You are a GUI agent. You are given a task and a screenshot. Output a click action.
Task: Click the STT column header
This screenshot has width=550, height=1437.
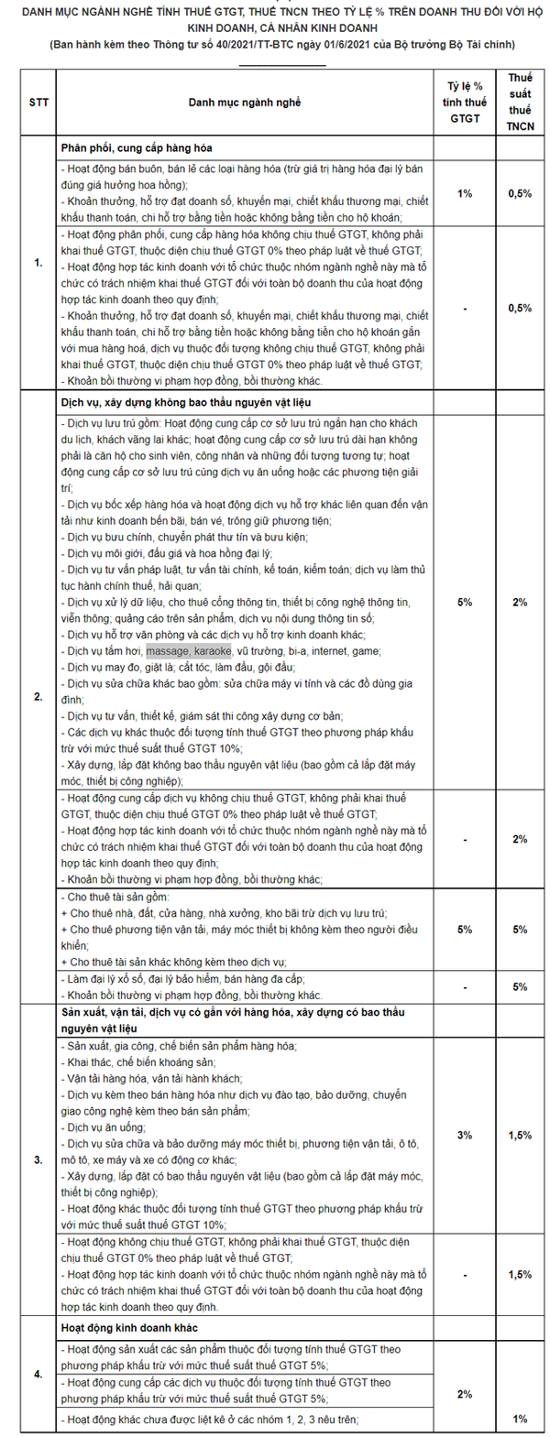click(38, 103)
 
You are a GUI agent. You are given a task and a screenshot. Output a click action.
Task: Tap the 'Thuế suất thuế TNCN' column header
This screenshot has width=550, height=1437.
click(519, 103)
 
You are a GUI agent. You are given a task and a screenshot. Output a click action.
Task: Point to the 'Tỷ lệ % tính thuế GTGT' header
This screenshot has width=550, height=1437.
click(465, 103)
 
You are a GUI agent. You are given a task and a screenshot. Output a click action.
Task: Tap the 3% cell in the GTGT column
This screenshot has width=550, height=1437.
click(465, 1135)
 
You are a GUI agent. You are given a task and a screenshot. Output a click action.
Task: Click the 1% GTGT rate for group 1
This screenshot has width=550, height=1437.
click(465, 194)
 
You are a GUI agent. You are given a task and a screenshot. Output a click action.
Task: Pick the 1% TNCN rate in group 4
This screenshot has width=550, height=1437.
click(519, 1419)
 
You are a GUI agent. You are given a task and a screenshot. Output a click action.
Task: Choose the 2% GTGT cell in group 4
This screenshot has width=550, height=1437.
click(465, 1394)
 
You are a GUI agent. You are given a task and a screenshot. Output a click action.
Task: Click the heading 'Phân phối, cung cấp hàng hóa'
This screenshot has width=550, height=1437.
click(137, 147)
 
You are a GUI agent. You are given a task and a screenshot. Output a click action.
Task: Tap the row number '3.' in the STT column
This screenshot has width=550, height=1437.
click(38, 1159)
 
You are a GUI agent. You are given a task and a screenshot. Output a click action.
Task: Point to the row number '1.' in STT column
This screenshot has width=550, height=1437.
click(38, 263)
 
